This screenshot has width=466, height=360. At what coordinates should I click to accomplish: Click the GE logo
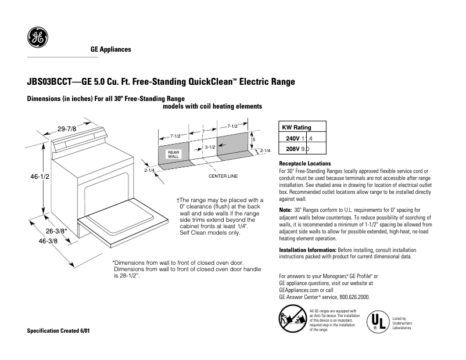point(38,39)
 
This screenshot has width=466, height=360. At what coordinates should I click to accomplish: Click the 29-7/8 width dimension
point(67,128)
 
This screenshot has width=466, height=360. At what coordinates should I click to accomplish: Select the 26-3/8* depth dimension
point(58,231)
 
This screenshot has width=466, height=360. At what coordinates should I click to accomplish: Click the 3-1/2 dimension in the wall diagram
point(210,147)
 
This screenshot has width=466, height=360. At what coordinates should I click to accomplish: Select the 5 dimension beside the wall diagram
point(253,139)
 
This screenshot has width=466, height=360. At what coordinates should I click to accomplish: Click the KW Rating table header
point(296,128)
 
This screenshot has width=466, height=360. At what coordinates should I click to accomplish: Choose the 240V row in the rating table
point(303,138)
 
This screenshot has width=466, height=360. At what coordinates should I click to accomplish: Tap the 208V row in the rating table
point(303,149)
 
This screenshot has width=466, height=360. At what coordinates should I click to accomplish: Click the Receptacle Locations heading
point(305,164)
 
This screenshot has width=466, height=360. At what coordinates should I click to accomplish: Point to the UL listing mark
point(378,321)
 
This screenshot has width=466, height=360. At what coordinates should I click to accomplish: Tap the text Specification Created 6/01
point(59,330)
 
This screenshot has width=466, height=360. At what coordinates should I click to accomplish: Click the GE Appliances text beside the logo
point(110,49)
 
